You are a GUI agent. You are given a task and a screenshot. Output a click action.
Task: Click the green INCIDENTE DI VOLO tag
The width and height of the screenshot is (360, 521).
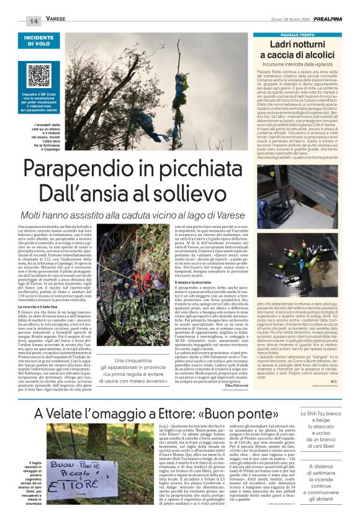[x=38, y=40]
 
